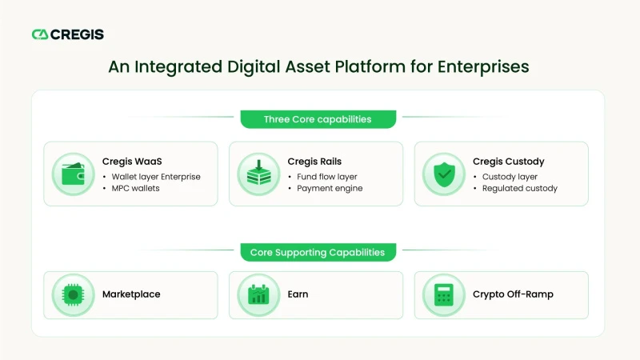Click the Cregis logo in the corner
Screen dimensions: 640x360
click(68, 34)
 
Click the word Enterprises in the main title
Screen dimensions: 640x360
click(483, 67)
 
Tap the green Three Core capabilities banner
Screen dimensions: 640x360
click(318, 119)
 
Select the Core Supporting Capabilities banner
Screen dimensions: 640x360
click(318, 252)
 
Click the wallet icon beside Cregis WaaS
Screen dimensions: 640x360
click(74, 174)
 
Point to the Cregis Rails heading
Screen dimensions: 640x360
click(314, 162)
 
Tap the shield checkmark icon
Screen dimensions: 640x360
click(444, 174)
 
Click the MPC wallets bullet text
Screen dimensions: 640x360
click(135, 188)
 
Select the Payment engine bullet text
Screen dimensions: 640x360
click(330, 188)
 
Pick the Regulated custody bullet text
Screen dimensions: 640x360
click(519, 188)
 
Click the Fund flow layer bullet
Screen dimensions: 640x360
click(327, 177)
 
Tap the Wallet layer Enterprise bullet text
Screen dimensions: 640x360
click(156, 177)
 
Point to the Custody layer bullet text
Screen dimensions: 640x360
click(510, 177)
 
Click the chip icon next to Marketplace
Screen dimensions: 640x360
click(74, 294)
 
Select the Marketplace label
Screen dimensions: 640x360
click(131, 294)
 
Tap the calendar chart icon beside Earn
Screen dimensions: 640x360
click(258, 294)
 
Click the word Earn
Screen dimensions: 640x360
click(298, 294)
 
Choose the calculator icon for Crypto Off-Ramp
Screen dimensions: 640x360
click(444, 294)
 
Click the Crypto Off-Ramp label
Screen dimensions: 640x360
click(513, 294)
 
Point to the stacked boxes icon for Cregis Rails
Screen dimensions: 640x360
click(258, 173)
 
